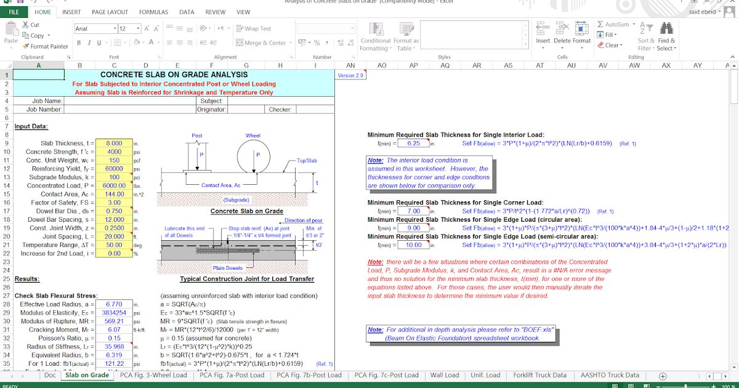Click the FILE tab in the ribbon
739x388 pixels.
(x=14, y=12)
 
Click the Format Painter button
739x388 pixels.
(x=46, y=46)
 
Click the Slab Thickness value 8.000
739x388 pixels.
(x=114, y=143)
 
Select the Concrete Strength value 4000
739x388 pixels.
(x=114, y=152)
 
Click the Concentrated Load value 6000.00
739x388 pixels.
(x=114, y=185)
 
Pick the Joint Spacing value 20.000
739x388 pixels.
(x=114, y=236)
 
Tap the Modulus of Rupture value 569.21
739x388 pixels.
(x=114, y=321)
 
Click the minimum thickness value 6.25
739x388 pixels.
(x=413, y=143)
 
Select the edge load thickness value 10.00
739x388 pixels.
(x=413, y=245)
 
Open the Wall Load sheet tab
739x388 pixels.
(x=444, y=375)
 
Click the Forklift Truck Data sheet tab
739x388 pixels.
(x=539, y=375)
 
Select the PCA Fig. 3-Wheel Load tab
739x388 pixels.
(x=153, y=375)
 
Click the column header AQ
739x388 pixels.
(x=445, y=65)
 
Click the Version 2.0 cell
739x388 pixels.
(x=350, y=75)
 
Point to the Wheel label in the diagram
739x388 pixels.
(x=253, y=135)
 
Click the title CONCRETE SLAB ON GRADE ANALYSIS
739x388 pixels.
(x=174, y=75)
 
